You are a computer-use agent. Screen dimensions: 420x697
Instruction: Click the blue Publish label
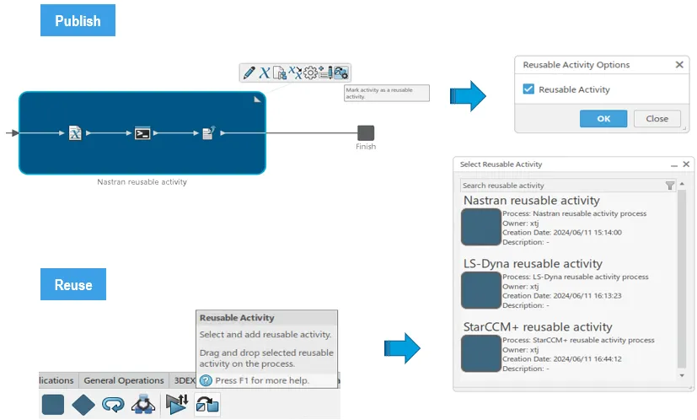point(78,21)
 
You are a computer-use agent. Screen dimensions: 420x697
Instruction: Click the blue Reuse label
point(73,285)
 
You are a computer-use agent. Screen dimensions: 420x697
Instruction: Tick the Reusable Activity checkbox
point(528,89)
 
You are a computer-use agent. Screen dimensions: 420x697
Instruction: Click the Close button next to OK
point(657,119)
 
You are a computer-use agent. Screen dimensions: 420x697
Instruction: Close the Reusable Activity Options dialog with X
point(679,65)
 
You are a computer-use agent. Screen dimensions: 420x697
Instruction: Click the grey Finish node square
point(366,132)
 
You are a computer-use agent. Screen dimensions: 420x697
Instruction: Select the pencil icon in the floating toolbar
point(249,73)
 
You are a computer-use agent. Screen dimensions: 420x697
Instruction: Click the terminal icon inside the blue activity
point(142,133)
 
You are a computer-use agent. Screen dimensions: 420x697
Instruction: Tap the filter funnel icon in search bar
point(670,186)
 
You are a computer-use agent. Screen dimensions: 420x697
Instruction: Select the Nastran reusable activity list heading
point(531,201)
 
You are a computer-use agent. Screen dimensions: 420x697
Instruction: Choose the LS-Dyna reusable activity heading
point(533,264)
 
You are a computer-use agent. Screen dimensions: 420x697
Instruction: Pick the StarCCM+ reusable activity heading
point(538,327)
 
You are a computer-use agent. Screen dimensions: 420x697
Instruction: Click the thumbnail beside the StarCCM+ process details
point(481,354)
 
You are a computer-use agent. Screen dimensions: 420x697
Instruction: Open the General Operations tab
point(124,380)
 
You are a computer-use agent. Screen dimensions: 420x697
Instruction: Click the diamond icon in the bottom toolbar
point(83,405)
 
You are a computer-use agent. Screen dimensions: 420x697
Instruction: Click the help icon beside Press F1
point(206,380)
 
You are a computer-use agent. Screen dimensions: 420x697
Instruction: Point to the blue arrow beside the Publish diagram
point(468,96)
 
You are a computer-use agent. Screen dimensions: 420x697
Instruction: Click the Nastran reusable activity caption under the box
point(142,181)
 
